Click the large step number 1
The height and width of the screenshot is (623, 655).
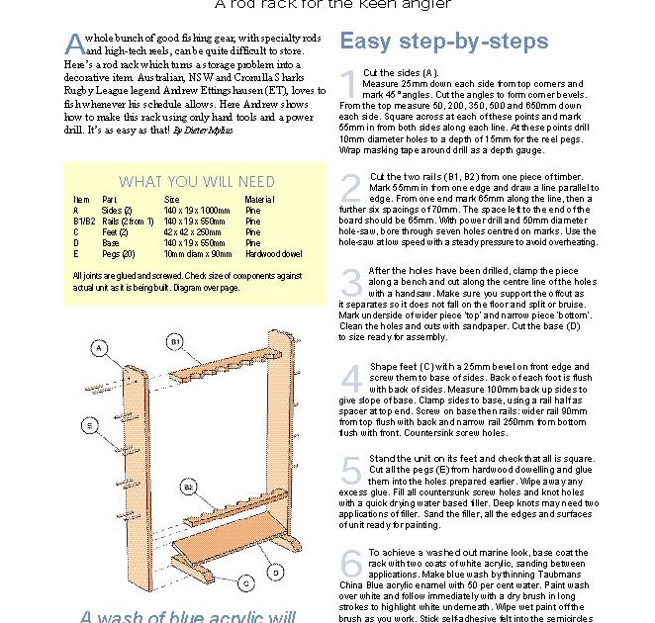coord(348,84)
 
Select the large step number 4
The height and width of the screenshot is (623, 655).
coord(349,378)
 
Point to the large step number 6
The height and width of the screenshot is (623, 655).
coord(350,563)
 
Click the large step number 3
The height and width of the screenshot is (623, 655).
coord(350,282)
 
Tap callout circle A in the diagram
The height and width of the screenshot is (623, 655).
coord(99,348)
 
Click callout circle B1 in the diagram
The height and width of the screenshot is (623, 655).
coord(174,341)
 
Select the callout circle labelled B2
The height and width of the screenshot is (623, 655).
coord(187,488)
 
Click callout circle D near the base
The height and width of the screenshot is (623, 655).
coord(276,572)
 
